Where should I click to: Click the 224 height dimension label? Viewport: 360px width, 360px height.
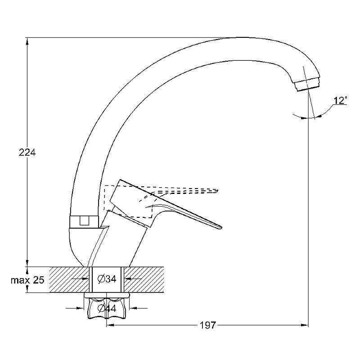point(27,153)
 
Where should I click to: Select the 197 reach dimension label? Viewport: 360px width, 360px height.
point(208,325)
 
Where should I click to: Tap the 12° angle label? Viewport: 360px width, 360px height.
point(340,100)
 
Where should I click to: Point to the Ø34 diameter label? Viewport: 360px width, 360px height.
point(107,279)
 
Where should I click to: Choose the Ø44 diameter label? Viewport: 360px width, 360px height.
point(107,308)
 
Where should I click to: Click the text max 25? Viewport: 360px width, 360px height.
point(27,280)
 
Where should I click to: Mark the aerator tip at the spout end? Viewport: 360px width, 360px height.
point(307,85)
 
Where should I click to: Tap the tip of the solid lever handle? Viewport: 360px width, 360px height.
point(221,228)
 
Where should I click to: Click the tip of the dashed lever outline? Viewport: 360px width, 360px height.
point(217,190)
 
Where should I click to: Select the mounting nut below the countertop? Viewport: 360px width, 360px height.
point(107,306)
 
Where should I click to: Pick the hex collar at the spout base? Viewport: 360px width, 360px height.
point(84,221)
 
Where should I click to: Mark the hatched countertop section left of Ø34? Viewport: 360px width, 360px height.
point(69,279)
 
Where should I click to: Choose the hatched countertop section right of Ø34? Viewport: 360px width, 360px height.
point(144,279)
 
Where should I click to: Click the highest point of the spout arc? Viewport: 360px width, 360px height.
point(243,37)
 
